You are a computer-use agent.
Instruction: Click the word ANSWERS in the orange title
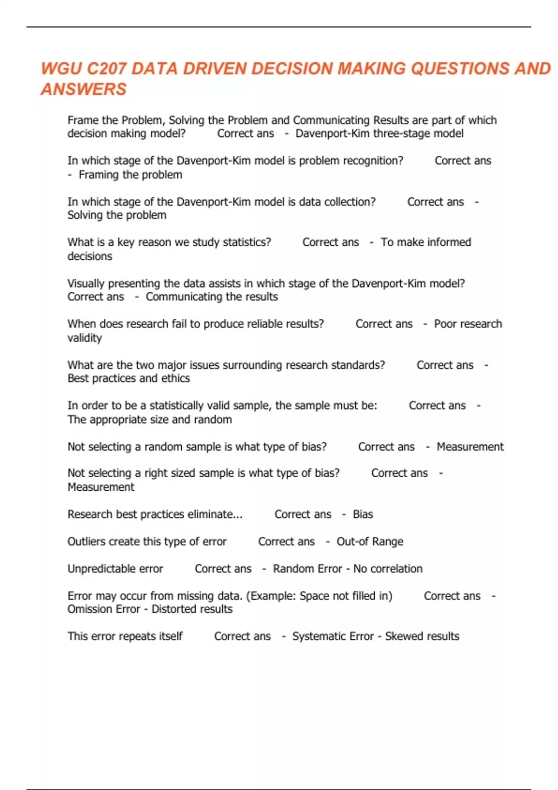pos(84,89)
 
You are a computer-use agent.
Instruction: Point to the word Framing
pos(98,175)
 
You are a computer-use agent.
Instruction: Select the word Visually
pos(86,283)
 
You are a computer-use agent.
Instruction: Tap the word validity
pos(85,338)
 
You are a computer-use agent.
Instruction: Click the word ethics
pos(175,378)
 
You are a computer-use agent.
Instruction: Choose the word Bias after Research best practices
pos(363,514)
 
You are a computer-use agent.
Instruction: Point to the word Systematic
pos(320,636)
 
